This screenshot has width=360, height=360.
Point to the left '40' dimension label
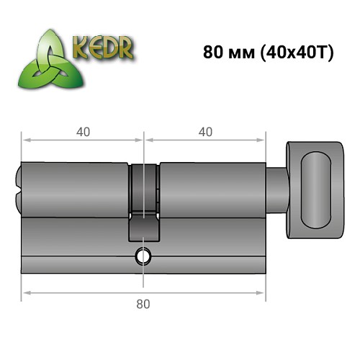click(83, 132)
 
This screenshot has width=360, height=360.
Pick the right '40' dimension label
click(204, 132)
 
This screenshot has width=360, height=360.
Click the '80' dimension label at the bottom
click(143, 304)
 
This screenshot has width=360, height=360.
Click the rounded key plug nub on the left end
click(18, 187)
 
